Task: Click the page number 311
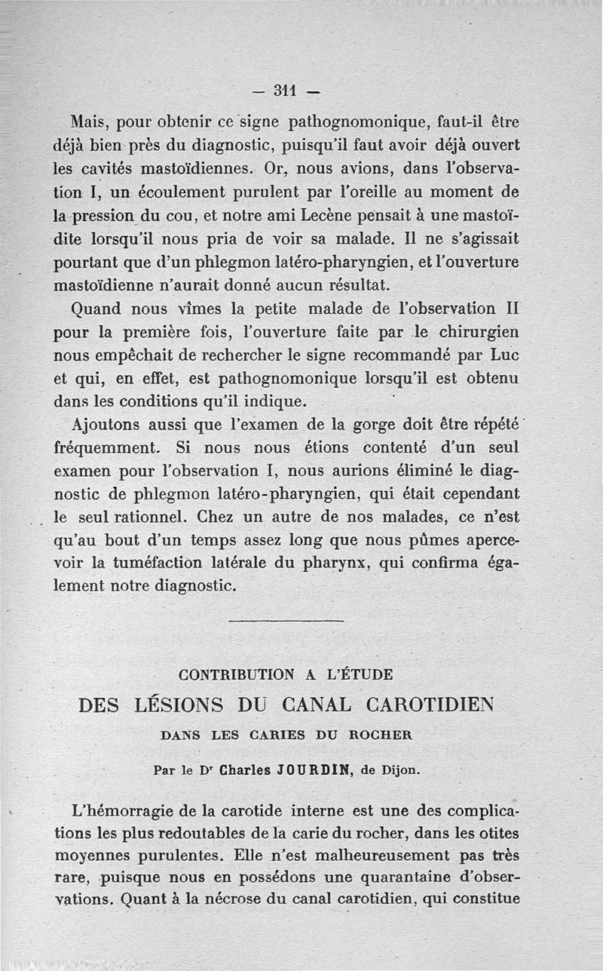click(x=284, y=91)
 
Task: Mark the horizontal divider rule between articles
click(x=285, y=621)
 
